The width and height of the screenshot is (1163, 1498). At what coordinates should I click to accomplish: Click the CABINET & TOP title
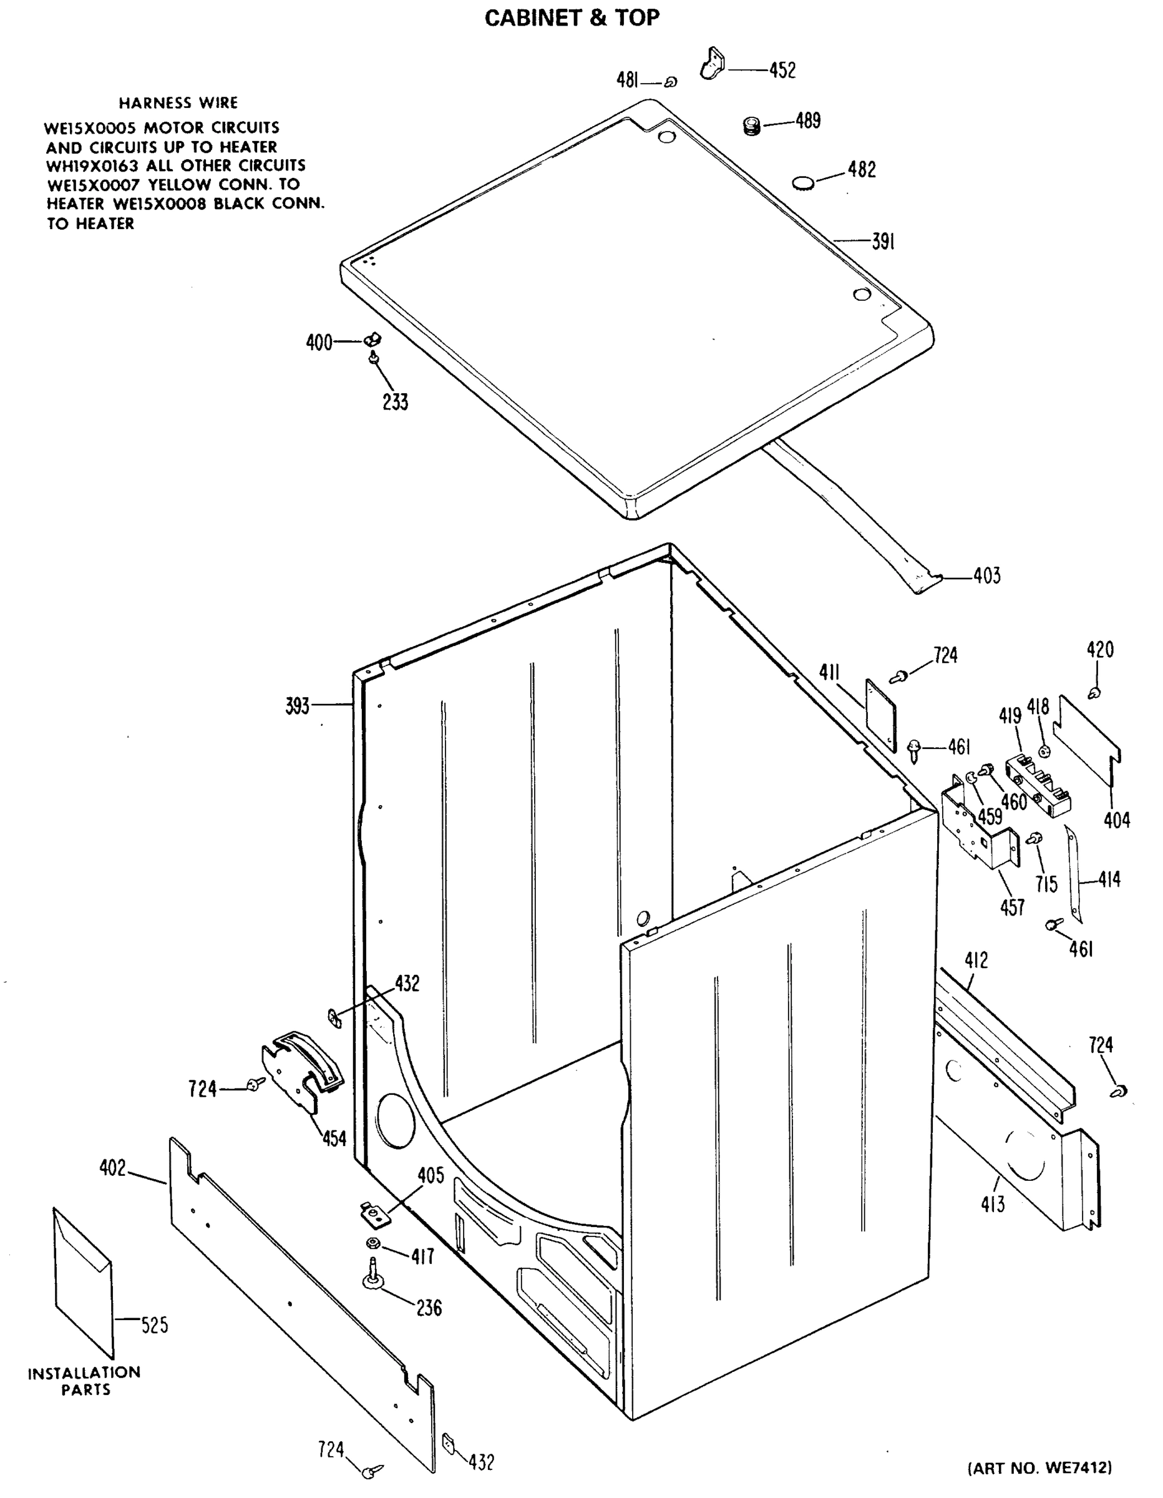[572, 18]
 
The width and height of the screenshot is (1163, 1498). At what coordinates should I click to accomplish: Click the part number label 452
[782, 70]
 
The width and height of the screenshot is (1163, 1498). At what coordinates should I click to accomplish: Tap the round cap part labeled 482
[804, 182]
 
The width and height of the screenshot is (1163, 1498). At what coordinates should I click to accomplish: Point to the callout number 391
[883, 242]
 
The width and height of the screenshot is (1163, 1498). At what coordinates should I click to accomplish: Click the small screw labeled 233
[374, 358]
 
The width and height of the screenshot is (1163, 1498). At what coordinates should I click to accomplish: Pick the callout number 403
[987, 575]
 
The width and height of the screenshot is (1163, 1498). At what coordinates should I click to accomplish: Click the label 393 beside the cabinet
[298, 706]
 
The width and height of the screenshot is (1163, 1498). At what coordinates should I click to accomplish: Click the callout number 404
[1116, 820]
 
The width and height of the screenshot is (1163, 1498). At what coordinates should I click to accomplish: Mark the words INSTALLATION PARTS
[84, 1381]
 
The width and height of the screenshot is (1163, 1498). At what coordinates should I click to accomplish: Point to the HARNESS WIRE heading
[178, 103]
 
